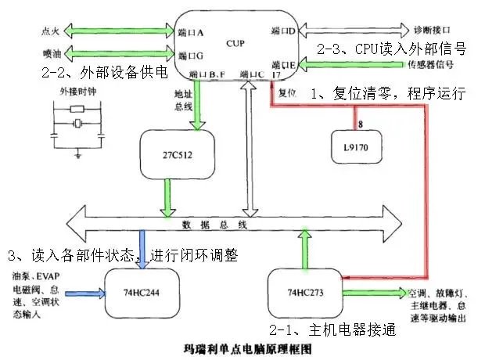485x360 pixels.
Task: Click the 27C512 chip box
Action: tap(167, 155)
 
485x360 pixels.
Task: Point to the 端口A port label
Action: tap(191, 33)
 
